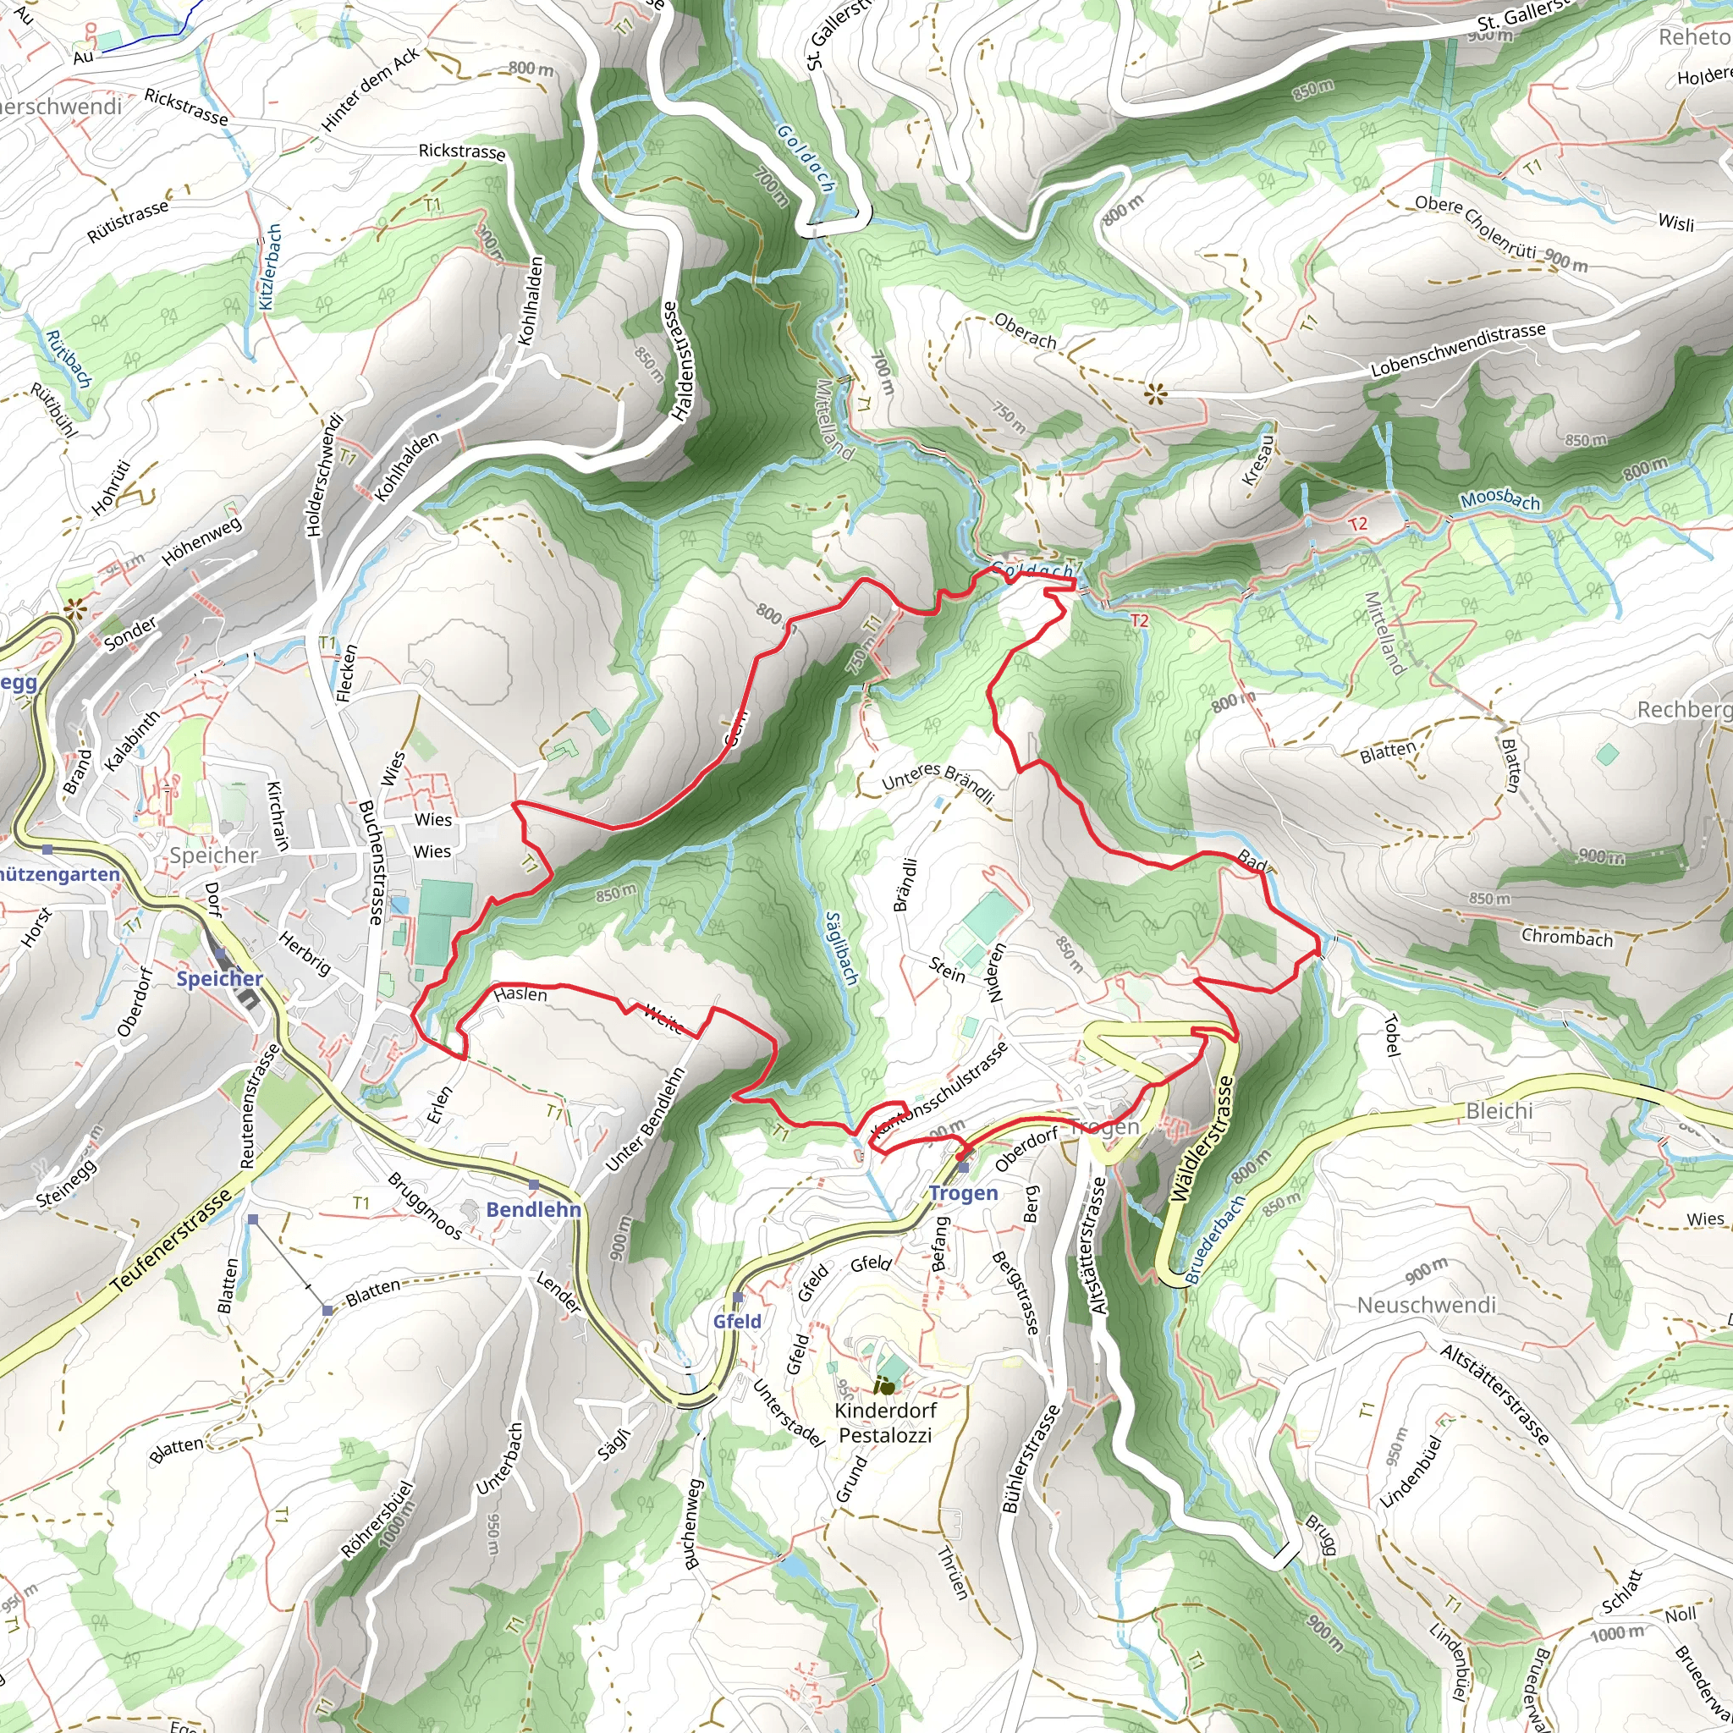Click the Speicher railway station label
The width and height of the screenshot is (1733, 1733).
pos(220,979)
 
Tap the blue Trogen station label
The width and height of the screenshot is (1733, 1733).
pos(963,1193)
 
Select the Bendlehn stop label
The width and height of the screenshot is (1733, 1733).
pos(534,1209)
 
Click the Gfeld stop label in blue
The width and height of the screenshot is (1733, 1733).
pos(737,1321)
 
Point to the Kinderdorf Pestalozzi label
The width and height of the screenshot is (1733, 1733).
pos(885,1422)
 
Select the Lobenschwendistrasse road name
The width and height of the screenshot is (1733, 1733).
pos(1459,349)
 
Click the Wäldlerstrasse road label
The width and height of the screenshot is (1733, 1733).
pos(1203,1138)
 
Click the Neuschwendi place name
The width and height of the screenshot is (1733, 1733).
pos(1426,1305)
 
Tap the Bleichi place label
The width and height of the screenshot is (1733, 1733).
pos(1499,1111)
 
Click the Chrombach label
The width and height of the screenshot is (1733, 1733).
pos(1567,938)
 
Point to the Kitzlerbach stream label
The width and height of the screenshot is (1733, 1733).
pos(271,267)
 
